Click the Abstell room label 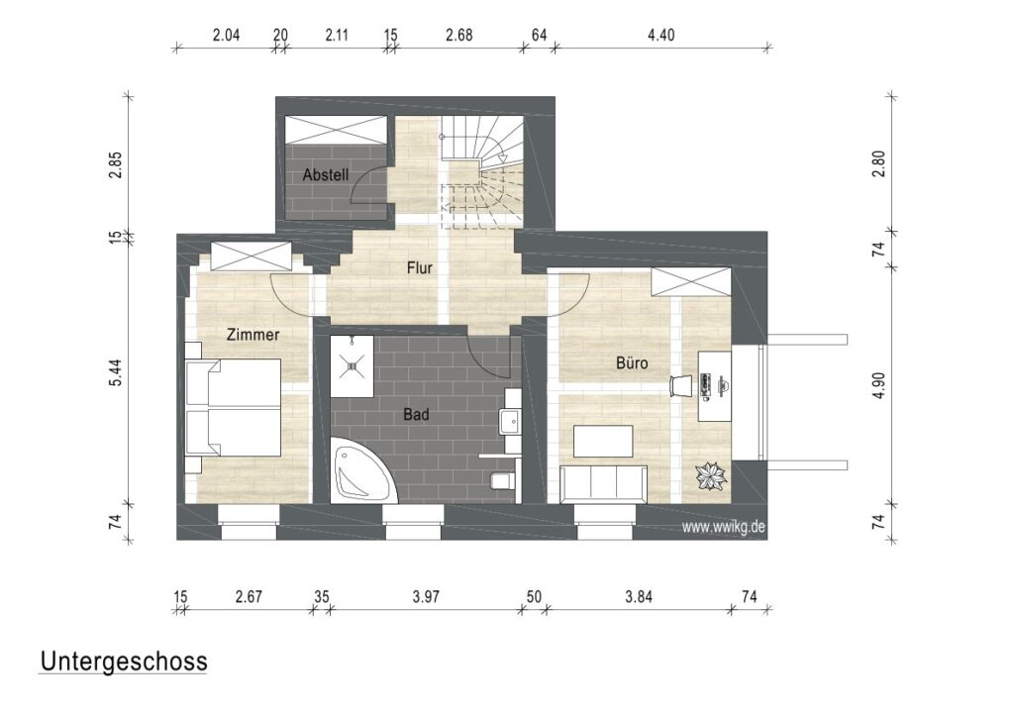click(325, 174)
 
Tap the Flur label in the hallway click(419, 267)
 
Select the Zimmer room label click(253, 335)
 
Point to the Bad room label click(416, 415)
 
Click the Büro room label click(632, 363)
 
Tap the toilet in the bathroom click(503, 481)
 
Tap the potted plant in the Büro click(710, 477)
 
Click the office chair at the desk click(682, 385)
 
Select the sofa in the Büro click(603, 483)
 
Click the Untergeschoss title click(123, 662)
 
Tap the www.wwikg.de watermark click(724, 528)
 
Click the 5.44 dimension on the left click(116, 371)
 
